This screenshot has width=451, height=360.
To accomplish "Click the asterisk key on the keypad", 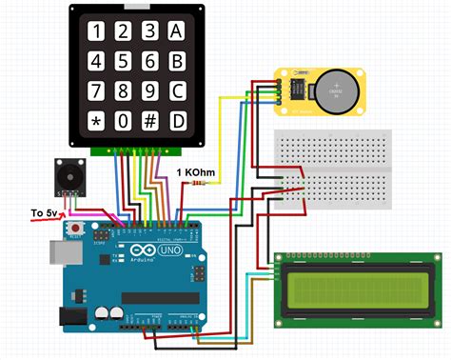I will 95,122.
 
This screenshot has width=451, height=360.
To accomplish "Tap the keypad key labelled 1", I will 95,31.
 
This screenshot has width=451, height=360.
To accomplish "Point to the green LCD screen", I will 359,288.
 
